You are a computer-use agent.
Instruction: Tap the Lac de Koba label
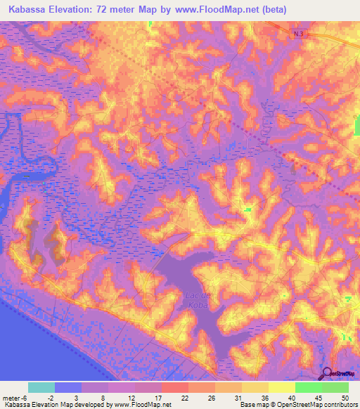(197, 300)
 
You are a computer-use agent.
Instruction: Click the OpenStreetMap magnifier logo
(327, 374)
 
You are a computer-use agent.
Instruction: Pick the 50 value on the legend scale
(343, 397)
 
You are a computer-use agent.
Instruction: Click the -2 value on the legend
(60, 397)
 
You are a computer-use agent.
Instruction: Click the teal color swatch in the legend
(41, 387)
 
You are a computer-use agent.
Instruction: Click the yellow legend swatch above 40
(282, 387)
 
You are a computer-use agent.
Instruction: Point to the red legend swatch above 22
(175, 387)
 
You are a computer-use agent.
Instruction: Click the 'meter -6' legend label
(15, 397)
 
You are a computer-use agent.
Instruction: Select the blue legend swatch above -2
(68, 387)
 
